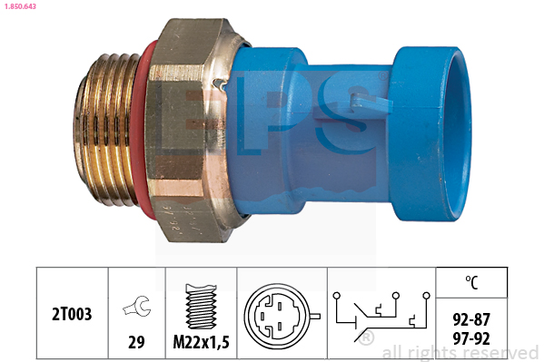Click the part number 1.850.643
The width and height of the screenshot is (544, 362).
coord(20,6)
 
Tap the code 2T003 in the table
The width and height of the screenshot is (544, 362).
coord(72,314)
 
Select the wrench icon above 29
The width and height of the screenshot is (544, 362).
coord(137,306)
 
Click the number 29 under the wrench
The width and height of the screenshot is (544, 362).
coord(136,342)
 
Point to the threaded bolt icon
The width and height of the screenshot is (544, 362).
coord(202,306)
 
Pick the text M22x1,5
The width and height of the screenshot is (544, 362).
coord(202,342)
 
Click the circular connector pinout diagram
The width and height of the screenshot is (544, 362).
coord(280,317)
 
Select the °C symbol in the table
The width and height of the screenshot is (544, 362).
coord(471,282)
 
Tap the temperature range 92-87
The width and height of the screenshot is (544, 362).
coord(471,319)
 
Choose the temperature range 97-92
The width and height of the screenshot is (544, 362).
coord(471,338)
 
